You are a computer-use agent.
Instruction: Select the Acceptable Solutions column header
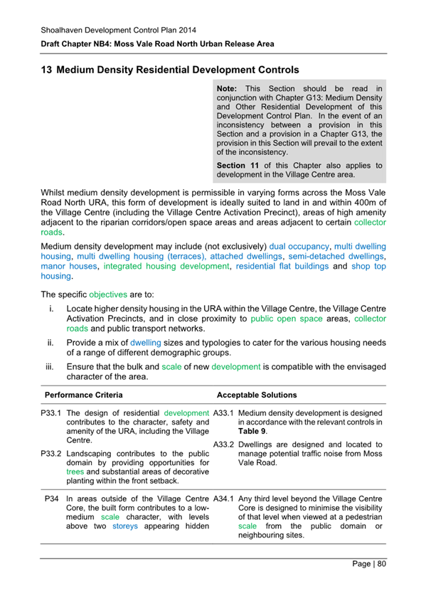coord(257,394)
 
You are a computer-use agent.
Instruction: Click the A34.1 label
coord(225,498)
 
